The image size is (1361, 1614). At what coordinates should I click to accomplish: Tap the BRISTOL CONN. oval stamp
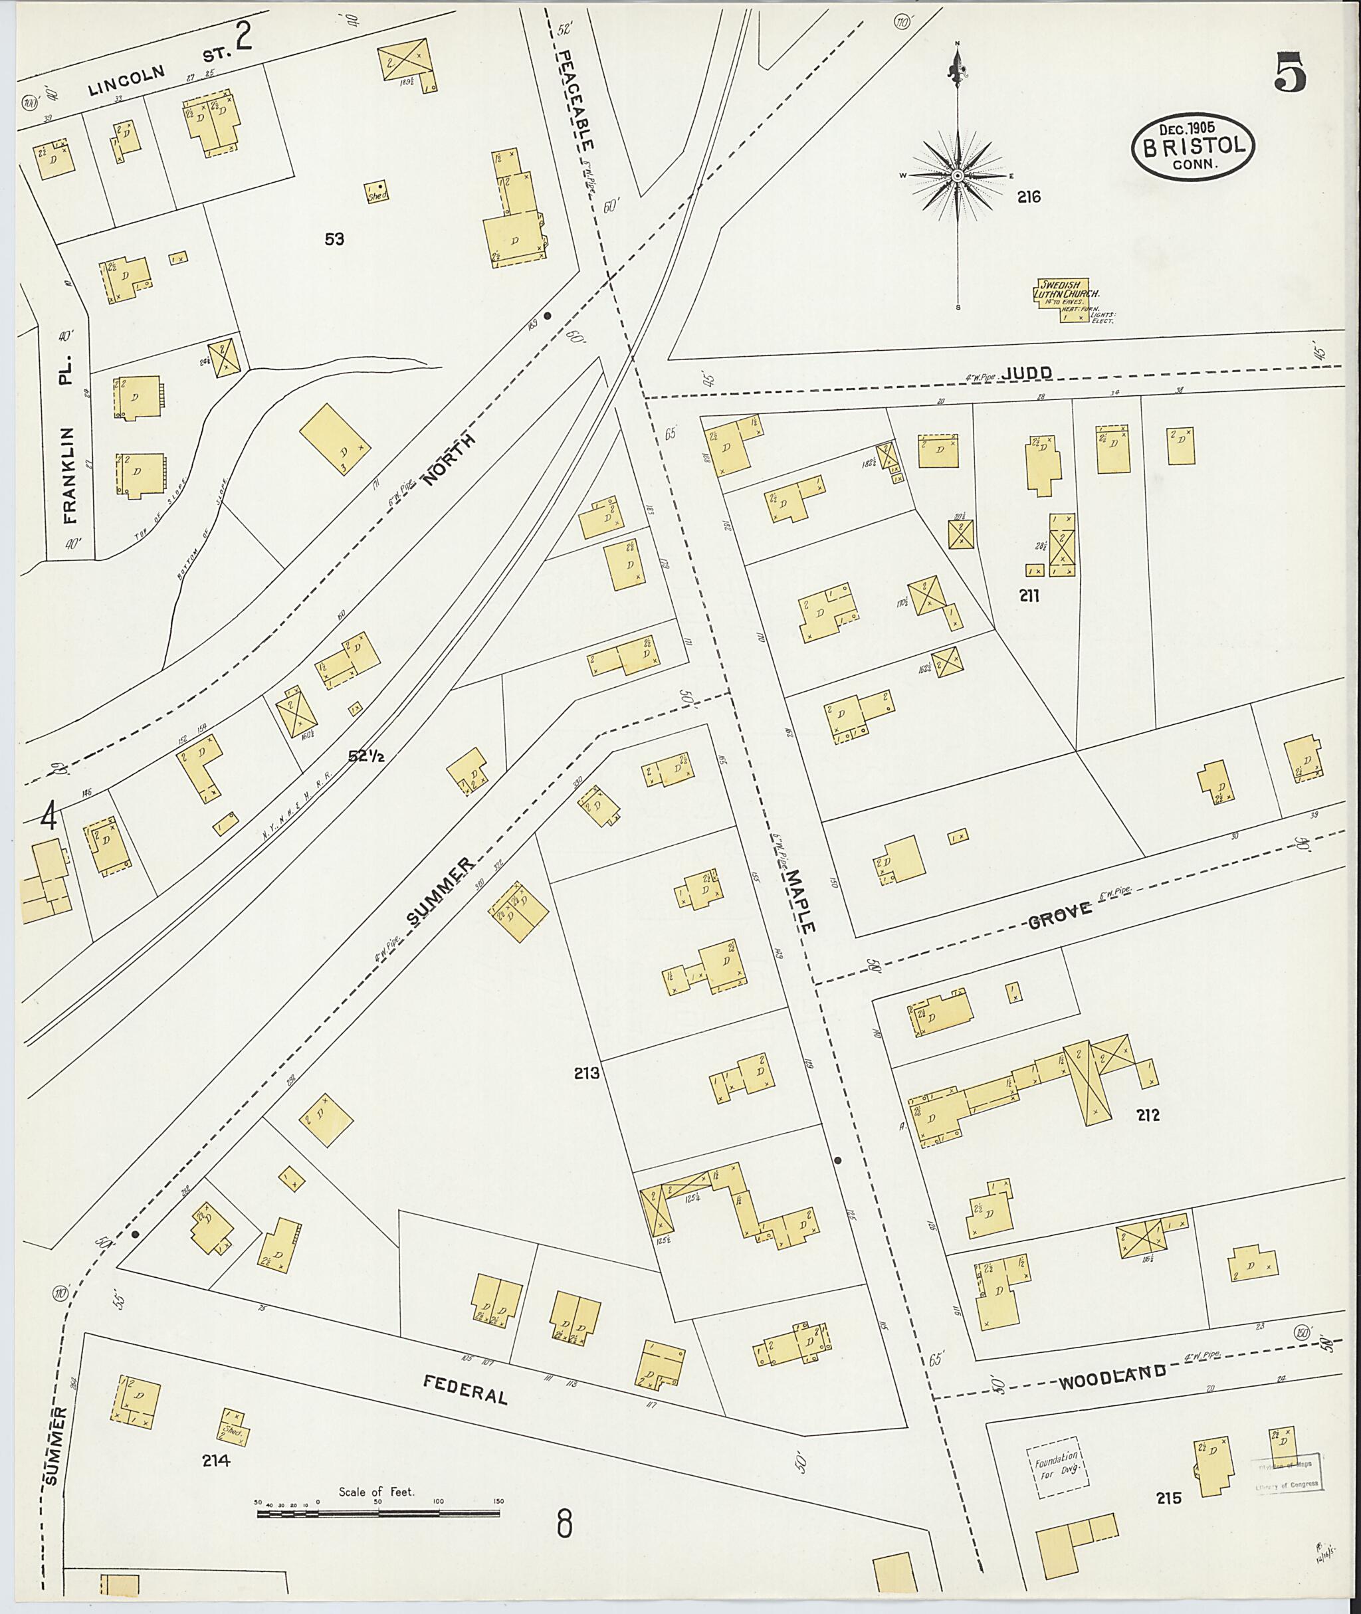[1193, 148]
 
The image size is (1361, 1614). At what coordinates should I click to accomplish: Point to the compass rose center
[958, 177]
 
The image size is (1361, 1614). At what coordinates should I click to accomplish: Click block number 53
[334, 240]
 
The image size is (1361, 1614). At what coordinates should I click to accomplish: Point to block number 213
[586, 1072]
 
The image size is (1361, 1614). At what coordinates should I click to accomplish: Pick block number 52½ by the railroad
[365, 757]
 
